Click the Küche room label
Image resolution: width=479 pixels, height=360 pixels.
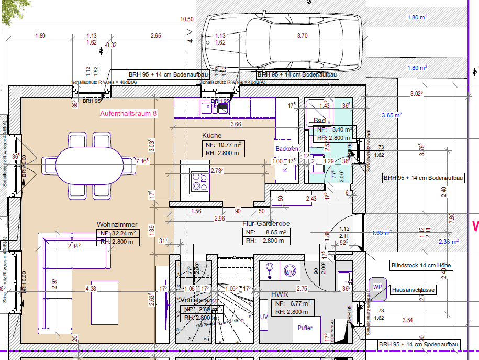click(212, 135)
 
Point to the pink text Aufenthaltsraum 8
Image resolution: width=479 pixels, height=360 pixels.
click(128, 113)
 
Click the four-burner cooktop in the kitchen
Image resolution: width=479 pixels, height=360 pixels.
click(199, 180)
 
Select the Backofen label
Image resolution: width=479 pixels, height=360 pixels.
click(286, 149)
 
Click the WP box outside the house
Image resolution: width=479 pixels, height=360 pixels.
click(377, 287)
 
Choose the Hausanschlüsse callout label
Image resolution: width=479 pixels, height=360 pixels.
click(413, 290)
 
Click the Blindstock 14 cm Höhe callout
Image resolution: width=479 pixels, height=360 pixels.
click(421, 266)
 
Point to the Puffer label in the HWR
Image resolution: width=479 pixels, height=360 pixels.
click(305, 328)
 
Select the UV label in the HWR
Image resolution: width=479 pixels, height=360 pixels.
click(264, 317)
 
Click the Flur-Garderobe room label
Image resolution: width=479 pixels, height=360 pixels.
click(266, 223)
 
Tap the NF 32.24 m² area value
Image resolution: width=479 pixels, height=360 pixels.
click(118, 233)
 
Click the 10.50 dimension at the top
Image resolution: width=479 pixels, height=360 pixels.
click(187, 19)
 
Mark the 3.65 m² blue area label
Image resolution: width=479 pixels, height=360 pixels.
click(391, 115)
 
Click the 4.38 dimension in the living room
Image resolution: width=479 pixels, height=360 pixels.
click(91, 288)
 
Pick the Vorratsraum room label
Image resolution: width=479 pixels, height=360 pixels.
click(198, 301)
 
